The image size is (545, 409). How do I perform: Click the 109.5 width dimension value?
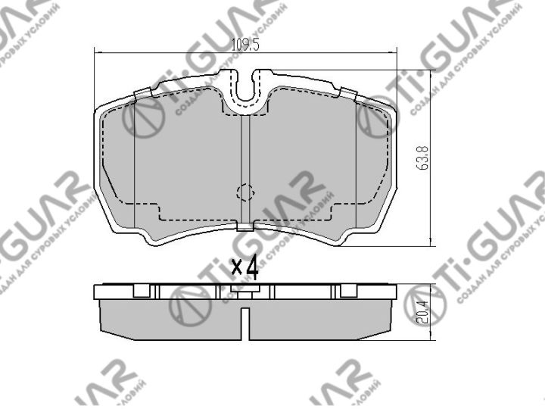pyautogui.click(x=245, y=45)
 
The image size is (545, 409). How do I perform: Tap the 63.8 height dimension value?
pyautogui.click(x=425, y=158)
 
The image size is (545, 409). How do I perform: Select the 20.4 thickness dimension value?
pyautogui.click(x=425, y=308)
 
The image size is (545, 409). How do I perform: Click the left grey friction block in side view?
pyautogui.click(x=170, y=318)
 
